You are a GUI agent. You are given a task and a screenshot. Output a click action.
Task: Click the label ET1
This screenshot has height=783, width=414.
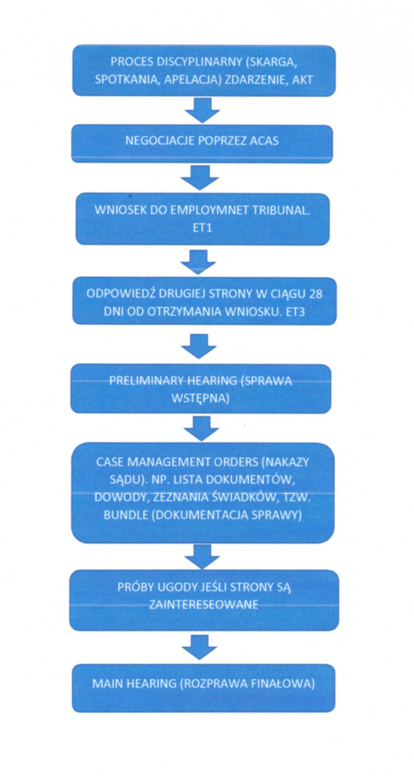coord(202,228)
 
